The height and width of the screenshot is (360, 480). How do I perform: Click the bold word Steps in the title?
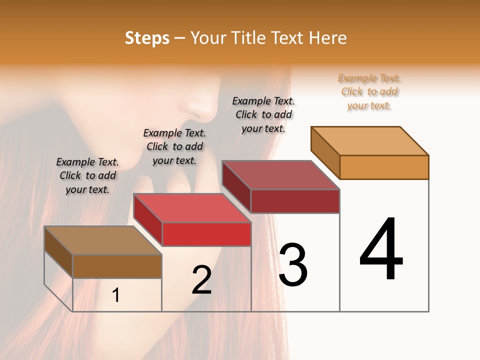[x=147, y=38]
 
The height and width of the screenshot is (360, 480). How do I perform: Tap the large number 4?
[x=381, y=249]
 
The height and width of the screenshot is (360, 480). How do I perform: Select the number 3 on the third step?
[x=293, y=265]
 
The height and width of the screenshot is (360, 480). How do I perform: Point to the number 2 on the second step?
[x=201, y=280]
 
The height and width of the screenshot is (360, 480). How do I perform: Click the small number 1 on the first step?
[x=116, y=295]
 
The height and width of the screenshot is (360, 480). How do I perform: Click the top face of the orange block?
[x=370, y=140]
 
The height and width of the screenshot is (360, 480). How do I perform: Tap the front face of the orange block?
[x=384, y=167]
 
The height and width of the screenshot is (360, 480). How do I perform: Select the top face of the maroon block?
[x=281, y=175]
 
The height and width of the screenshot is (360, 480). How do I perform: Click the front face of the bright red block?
[x=206, y=234]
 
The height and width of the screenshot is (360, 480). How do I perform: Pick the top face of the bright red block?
[x=192, y=208]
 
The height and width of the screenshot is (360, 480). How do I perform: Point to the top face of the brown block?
[x=103, y=240]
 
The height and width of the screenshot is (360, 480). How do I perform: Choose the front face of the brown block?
[x=117, y=266]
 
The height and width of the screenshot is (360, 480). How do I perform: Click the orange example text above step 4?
[x=369, y=91]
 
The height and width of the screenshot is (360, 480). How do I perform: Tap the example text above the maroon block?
[x=263, y=114]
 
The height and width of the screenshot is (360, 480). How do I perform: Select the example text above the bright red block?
[x=174, y=146]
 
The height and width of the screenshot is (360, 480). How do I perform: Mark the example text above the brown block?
[x=87, y=175]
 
